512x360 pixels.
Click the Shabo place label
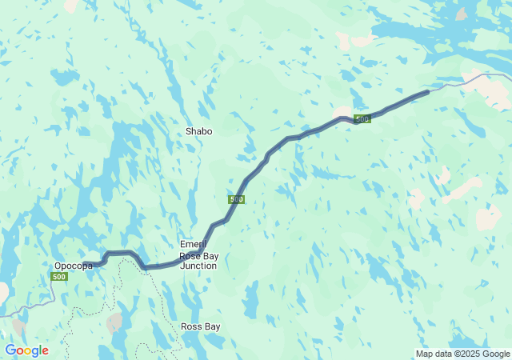(199, 131)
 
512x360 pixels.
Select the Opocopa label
(74, 266)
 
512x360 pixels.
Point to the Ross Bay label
(200, 326)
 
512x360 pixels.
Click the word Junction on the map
(199, 266)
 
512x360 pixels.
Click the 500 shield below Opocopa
(58, 277)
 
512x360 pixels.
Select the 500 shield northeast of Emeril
(236, 199)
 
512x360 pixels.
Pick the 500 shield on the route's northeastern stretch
(362, 119)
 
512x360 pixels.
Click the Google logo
(26, 350)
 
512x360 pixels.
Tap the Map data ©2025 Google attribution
(462, 354)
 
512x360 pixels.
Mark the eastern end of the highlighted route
(427, 92)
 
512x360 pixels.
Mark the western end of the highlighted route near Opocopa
(98, 263)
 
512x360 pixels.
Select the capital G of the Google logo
(10, 350)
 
